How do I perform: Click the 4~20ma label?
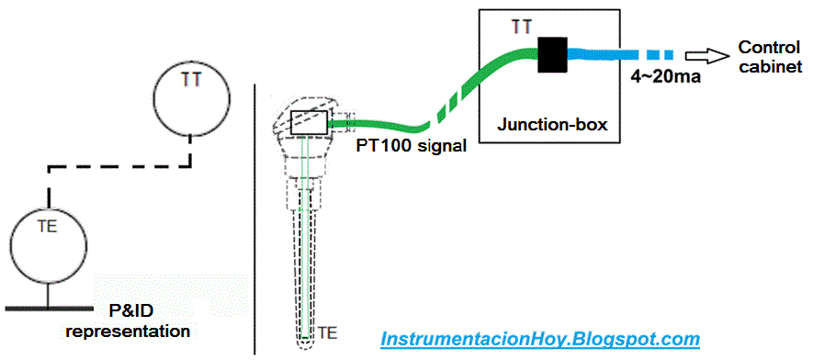pyautogui.click(x=666, y=77)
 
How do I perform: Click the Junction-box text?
pyautogui.click(x=551, y=124)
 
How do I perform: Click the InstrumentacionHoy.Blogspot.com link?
pyautogui.click(x=540, y=339)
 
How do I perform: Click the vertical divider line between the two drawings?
pyautogui.click(x=254, y=220)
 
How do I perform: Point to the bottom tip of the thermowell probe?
pyautogui.click(x=306, y=343)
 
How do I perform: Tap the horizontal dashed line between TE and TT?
pyautogui.click(x=119, y=168)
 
